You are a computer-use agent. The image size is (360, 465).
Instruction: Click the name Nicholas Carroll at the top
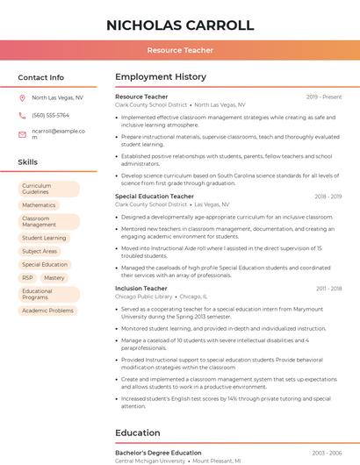point(180,25)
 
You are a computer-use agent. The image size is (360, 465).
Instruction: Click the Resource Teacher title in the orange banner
point(180,50)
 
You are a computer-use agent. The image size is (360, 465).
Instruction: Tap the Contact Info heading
point(41,77)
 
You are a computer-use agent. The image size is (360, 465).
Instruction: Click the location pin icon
point(22,98)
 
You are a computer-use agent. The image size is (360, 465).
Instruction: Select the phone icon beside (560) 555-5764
point(22,115)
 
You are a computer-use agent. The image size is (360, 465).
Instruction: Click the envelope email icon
point(22,134)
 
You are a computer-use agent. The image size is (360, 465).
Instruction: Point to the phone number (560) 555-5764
point(50,115)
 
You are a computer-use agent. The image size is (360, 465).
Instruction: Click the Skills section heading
point(28,162)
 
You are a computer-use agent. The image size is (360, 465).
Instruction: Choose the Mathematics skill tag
point(39,205)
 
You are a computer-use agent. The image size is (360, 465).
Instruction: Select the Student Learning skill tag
point(44,238)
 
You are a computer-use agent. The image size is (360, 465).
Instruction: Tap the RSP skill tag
point(27,277)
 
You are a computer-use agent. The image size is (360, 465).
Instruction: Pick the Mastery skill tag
point(54,277)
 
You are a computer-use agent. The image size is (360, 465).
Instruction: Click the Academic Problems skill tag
point(47,311)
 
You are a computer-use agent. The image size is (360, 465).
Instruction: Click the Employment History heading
point(161,77)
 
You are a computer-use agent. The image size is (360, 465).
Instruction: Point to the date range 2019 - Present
point(324,97)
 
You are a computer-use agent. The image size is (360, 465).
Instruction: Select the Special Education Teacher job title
point(155,197)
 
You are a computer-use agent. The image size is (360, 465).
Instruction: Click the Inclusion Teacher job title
point(141,288)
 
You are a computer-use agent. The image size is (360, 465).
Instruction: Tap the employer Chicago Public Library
point(144,297)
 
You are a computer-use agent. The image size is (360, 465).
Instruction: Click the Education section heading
point(137,433)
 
